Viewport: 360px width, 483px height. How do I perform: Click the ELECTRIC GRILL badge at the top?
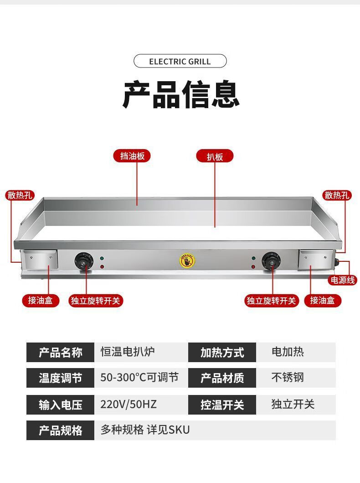coord(180,61)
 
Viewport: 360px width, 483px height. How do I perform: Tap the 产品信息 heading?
coord(180,94)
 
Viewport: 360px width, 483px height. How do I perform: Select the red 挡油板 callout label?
coord(132,156)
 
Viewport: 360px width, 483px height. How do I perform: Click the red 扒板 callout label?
coord(215,156)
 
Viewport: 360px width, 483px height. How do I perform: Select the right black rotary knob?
coord(269,261)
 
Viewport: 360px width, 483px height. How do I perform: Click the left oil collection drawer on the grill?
coord(41,260)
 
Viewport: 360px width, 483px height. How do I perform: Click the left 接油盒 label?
coord(41,301)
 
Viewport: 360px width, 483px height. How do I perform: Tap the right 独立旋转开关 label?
coord(271,301)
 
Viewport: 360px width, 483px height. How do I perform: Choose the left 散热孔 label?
coord(20,196)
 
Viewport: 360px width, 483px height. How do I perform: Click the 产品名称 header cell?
coord(61,353)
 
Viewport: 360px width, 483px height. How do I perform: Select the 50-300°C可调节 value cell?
coord(139,378)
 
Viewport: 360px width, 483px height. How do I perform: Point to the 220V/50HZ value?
coord(129,404)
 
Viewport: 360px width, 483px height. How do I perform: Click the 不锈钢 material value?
coord(288,378)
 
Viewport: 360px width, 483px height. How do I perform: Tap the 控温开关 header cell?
coord(222,405)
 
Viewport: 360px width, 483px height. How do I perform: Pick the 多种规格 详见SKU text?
coord(145,430)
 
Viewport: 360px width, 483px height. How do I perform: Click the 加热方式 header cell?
coord(222,353)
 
